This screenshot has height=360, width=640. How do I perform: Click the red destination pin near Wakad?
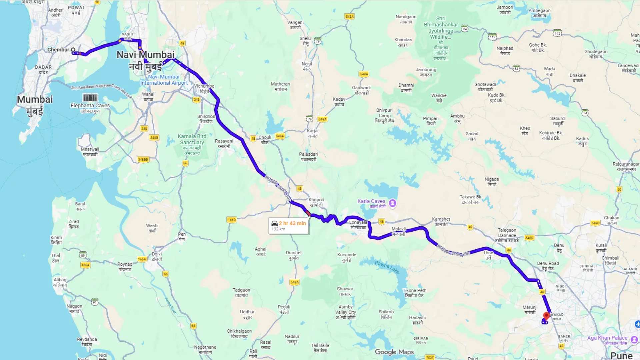click(x=546, y=315)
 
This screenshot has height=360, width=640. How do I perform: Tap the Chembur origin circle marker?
click(x=73, y=50)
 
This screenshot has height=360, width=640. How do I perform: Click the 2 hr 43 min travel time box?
click(x=289, y=226)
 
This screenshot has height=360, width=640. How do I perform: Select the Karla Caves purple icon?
click(x=393, y=203)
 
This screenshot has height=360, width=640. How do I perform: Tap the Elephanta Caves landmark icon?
click(x=90, y=97)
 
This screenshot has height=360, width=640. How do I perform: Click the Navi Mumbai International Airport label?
click(x=164, y=80)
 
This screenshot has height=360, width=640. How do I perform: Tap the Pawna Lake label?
click(x=387, y=267)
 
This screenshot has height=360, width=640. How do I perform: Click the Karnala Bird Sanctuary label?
click(x=192, y=139)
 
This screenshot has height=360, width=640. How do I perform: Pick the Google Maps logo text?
click(x=394, y=352)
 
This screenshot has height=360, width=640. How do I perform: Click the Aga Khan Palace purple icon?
click(x=634, y=339)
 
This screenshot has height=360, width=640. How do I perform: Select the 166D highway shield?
click(x=232, y=220)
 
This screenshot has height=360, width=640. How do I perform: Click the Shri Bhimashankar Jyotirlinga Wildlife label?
click(x=441, y=28)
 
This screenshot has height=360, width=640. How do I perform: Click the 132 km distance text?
click(x=278, y=229)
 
